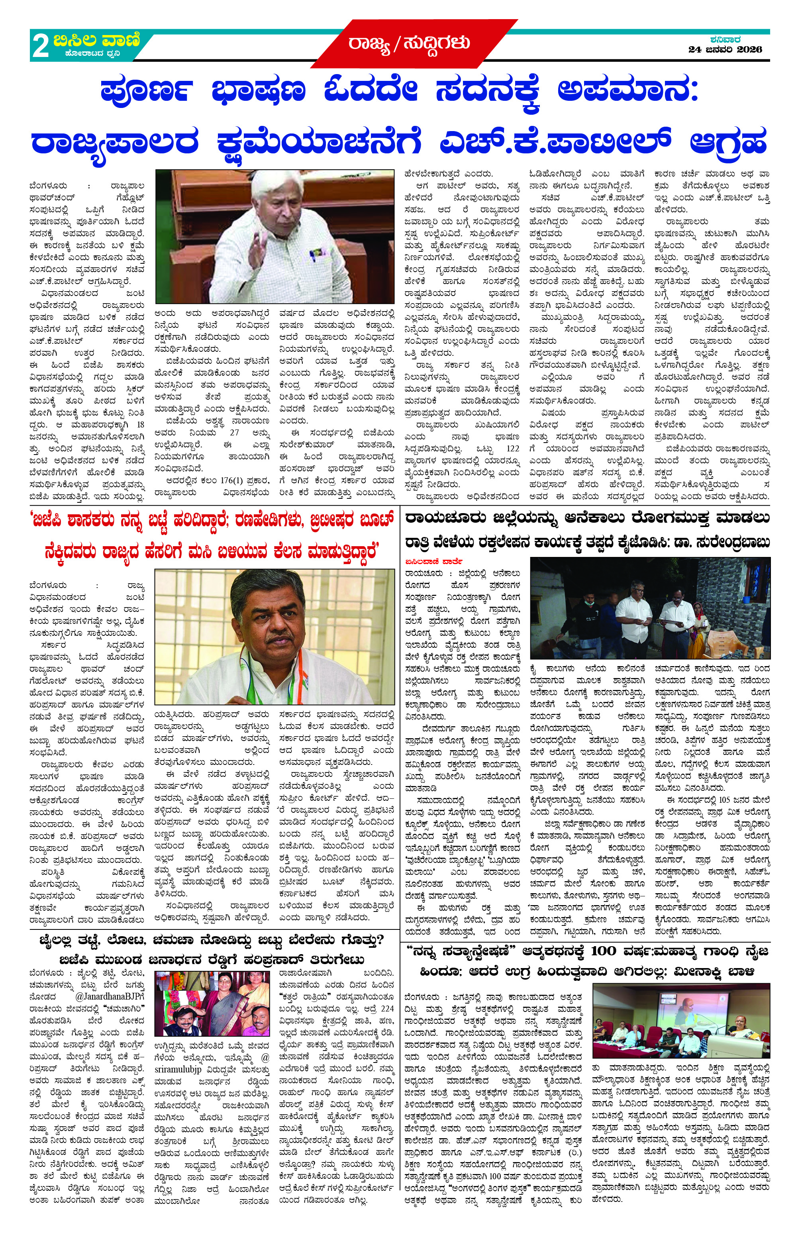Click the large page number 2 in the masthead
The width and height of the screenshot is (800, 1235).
click(41, 46)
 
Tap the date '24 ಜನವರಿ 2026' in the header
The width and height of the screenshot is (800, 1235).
click(725, 50)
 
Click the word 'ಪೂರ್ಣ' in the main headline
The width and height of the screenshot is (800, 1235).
click(146, 90)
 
